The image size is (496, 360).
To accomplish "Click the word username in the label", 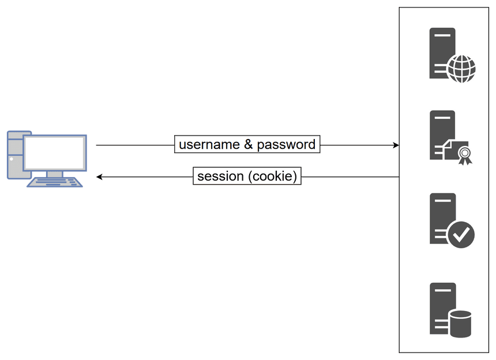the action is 209,145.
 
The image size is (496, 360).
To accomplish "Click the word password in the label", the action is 286,145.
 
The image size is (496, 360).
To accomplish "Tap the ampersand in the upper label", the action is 249,144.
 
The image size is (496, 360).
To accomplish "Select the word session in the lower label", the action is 220,176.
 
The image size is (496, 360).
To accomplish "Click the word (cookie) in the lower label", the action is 273,176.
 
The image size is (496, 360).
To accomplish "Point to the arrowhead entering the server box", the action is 396,145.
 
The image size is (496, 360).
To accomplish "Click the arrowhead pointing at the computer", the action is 99,177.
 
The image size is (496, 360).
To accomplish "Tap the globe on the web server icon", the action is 462,69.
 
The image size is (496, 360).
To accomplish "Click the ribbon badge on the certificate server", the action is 465,155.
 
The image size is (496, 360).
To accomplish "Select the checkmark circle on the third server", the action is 461,234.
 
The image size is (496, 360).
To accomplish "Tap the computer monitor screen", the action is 55,153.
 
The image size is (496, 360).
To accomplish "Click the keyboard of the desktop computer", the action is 55,182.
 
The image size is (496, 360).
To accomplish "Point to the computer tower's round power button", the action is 12,159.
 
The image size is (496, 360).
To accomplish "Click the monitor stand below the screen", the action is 55,174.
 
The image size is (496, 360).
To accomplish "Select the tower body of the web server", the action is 442,53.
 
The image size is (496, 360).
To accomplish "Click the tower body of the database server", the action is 442,308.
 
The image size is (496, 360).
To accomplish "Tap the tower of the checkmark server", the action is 442,218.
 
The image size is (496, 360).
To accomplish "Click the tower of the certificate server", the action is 442,135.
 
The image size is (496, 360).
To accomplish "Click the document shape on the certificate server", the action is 452,150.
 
